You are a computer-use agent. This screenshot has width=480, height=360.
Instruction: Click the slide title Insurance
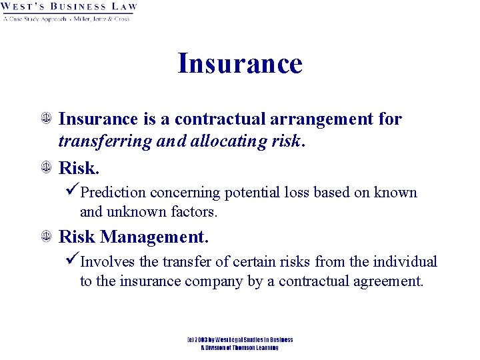click(x=240, y=64)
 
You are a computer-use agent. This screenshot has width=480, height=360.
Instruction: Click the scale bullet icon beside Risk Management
click(x=45, y=237)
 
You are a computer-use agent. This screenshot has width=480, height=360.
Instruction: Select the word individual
click(x=403, y=262)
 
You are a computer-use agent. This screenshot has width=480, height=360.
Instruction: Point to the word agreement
click(x=386, y=281)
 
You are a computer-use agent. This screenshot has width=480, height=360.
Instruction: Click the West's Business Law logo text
click(x=69, y=7)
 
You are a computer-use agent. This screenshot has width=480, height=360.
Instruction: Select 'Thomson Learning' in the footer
click(x=253, y=347)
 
